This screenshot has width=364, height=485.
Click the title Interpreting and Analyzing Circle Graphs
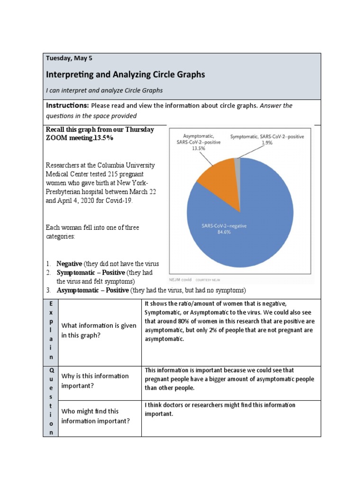tap(125, 74)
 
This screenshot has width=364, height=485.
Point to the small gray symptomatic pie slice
tap(237, 162)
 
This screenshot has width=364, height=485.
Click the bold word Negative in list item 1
tap(70, 264)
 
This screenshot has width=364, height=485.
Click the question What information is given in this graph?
tap(99, 331)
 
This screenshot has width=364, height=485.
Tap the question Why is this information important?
tap(95, 381)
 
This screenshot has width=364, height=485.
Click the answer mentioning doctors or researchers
tap(220, 409)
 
